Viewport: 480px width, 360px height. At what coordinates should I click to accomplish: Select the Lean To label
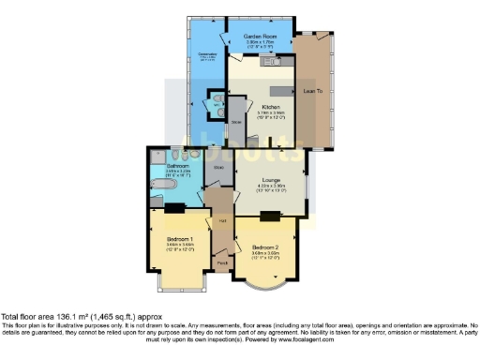(314, 91)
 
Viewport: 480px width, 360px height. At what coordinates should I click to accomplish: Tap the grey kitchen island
(282, 91)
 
